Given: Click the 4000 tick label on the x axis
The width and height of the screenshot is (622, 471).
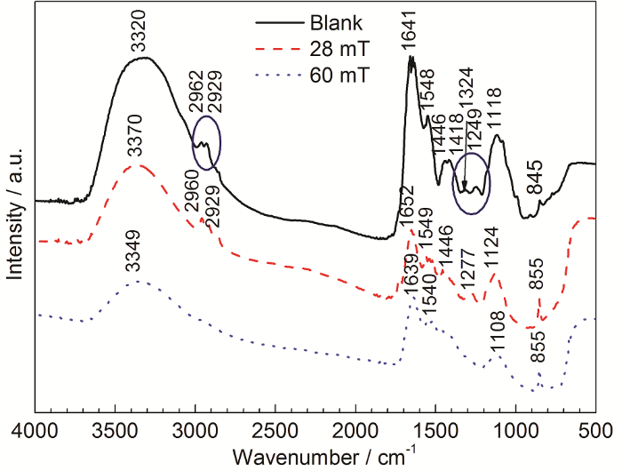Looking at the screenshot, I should [x=35, y=433].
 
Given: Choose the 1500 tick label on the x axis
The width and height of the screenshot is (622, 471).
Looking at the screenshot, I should [x=435, y=433].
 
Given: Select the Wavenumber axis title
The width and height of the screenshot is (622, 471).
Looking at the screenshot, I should [x=322, y=457].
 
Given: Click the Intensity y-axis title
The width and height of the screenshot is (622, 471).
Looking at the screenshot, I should [x=14, y=215].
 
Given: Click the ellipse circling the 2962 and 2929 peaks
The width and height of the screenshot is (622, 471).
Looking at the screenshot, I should [x=205, y=142].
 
